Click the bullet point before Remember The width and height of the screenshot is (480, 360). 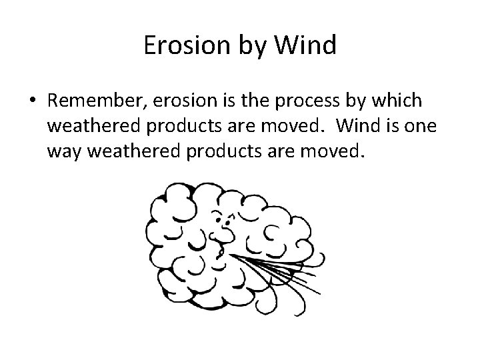coord(33,101)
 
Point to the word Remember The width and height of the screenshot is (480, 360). coord(99,100)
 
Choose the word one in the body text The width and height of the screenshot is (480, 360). coord(422,127)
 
